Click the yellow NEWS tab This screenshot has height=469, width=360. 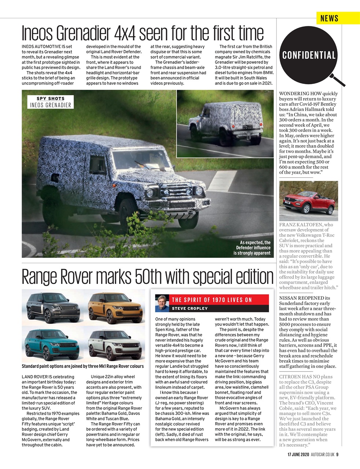pyautogui.click(x=329, y=18)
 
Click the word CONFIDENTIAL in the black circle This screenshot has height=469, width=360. pyautogui.click(x=309, y=55)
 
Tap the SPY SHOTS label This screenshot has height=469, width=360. pyautogui.click(x=50, y=99)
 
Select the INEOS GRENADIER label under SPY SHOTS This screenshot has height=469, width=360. pyautogui.click(x=50, y=105)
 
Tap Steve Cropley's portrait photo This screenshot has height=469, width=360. pyautogui.click(x=162, y=303)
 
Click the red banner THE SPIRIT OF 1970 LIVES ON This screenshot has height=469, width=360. pyautogui.click(x=212, y=300)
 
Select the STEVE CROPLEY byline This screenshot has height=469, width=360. pyautogui.click(x=190, y=309)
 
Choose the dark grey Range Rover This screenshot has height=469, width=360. pyautogui.click(x=52, y=306)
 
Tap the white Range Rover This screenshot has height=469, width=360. pyautogui.click(x=115, y=344)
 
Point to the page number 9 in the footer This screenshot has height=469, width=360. pyautogui.click(x=337, y=455)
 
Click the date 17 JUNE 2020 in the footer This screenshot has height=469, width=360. pyautogui.click(x=298, y=455)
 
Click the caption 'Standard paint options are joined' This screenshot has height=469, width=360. pyautogui.click(x=83, y=366)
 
